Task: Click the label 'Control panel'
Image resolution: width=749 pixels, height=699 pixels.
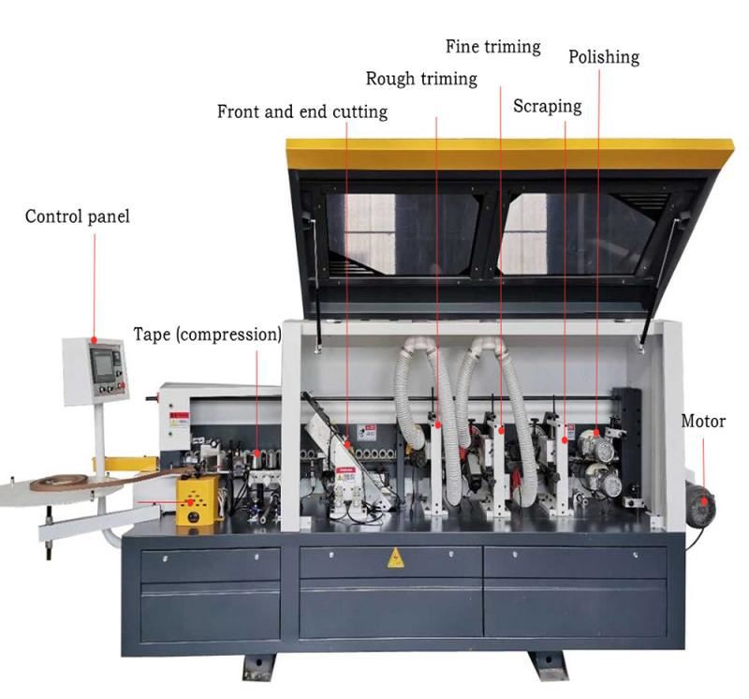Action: [77, 216]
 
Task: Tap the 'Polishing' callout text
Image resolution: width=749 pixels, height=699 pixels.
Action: [604, 56]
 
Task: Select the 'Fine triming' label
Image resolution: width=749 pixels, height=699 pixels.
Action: [492, 46]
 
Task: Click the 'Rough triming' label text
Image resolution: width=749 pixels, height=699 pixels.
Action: [420, 79]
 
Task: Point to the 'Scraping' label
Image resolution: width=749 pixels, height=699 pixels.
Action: [547, 106]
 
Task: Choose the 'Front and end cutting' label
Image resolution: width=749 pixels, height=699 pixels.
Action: [301, 112]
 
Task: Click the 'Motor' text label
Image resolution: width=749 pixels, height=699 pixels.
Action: [702, 422]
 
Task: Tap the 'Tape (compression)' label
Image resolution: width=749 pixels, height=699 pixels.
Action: [207, 335]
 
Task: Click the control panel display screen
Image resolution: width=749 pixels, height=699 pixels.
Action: [103, 365]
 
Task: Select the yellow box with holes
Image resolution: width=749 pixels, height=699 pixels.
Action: [196, 498]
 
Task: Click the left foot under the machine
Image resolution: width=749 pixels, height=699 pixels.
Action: [259, 665]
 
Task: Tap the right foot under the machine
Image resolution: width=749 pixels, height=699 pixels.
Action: [547, 665]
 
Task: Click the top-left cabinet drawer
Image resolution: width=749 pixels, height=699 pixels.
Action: [211, 564]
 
